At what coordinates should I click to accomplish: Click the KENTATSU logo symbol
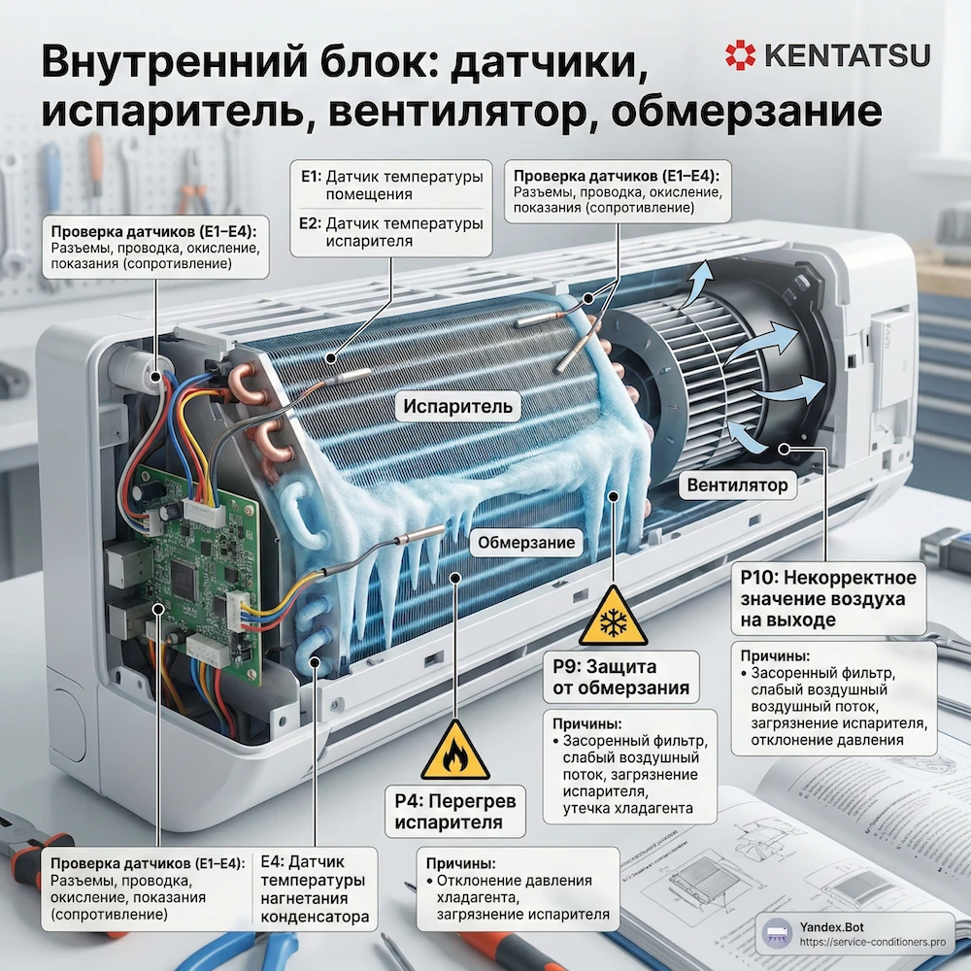click(741, 54)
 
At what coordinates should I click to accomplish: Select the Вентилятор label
click(737, 485)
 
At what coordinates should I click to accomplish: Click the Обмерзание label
click(525, 544)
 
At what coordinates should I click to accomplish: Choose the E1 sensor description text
click(392, 186)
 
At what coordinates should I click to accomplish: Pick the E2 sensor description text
click(392, 233)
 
